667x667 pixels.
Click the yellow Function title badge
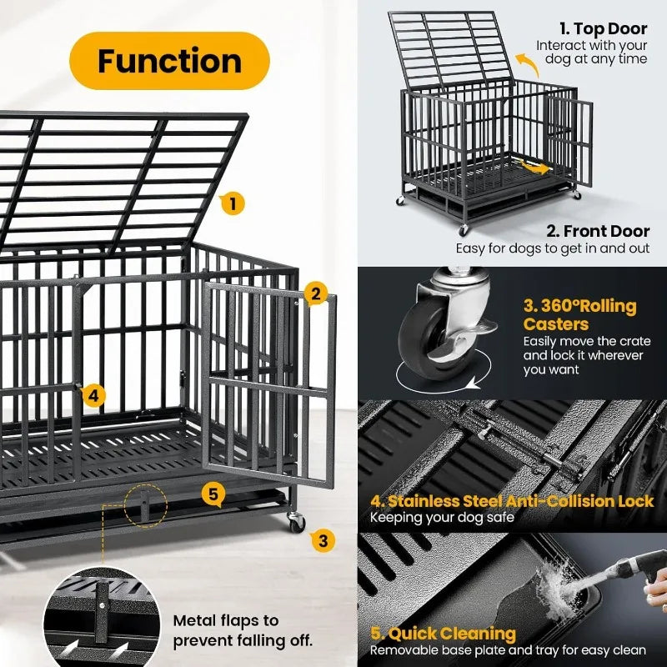(169, 61)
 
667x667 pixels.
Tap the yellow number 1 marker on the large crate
(233, 202)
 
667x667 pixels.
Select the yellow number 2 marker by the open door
(314, 293)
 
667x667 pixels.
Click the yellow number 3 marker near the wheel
(323, 539)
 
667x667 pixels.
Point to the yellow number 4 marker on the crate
(94, 395)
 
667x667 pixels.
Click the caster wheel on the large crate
(296, 523)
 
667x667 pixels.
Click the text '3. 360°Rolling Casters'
(579, 314)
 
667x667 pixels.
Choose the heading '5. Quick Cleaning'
(443, 634)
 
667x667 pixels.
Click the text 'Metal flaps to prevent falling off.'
(243, 630)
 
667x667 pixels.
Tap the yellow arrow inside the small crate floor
(532, 167)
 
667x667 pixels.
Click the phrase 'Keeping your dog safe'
(442, 518)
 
